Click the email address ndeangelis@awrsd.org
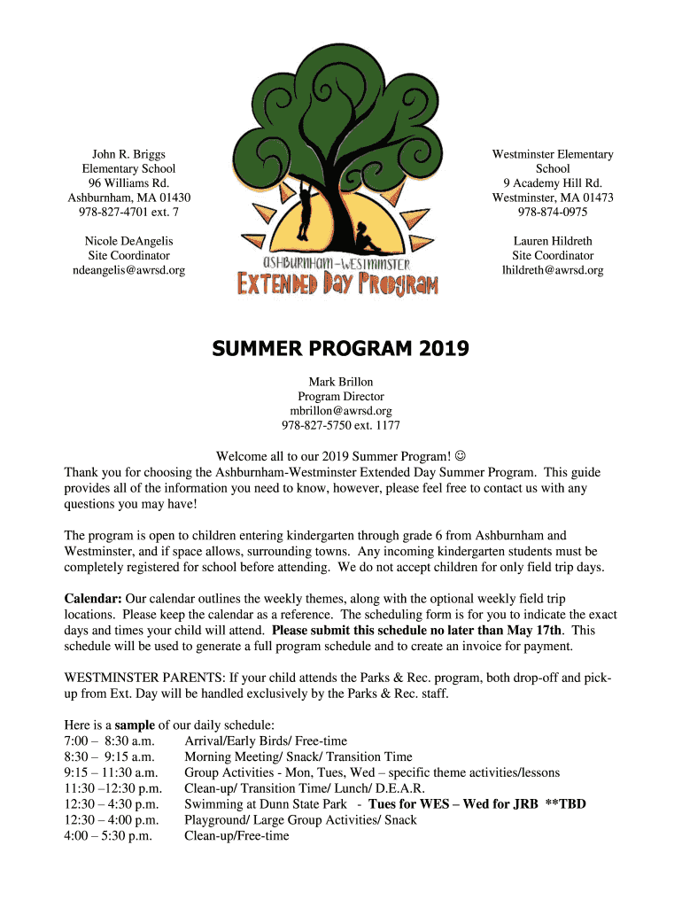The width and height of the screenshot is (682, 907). click(128, 270)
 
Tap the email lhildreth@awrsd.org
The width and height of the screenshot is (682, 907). click(553, 270)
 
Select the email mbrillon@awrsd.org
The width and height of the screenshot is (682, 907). click(340, 411)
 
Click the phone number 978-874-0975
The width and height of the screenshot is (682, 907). click(553, 212)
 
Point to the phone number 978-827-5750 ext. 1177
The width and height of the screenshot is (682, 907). click(340, 425)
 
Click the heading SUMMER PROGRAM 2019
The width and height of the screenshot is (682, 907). click(340, 350)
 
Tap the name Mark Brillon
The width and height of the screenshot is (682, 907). click(340, 382)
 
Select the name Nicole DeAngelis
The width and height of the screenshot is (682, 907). click(128, 241)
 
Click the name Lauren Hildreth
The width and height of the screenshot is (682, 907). click(553, 241)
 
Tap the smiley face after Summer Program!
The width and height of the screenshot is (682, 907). click(460, 456)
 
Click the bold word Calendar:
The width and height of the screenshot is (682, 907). click(92, 599)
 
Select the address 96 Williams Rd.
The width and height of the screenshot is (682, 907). click(128, 182)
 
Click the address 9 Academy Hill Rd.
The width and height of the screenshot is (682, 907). click(553, 182)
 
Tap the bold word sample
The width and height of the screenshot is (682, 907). click(135, 725)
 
